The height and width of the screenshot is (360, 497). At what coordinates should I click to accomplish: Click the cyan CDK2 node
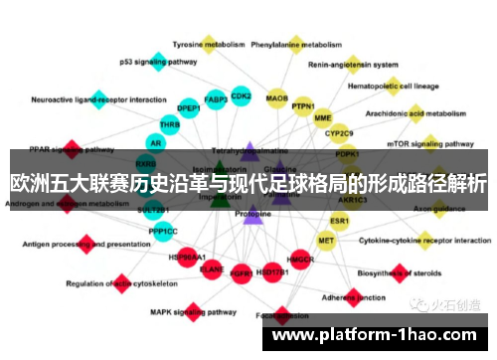click(x=242, y=96)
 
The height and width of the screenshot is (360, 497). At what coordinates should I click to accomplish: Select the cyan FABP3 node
click(x=215, y=99)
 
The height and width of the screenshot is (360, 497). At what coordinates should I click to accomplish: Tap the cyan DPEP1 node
click(x=189, y=108)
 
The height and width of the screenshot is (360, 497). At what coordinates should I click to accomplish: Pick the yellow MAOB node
click(x=277, y=98)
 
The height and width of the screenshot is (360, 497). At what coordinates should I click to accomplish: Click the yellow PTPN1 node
click(x=302, y=106)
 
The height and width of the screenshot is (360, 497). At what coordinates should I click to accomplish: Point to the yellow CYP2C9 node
click(x=339, y=132)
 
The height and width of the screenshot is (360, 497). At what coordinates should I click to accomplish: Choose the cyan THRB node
click(x=170, y=125)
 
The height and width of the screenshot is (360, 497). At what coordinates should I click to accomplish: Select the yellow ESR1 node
click(x=340, y=220)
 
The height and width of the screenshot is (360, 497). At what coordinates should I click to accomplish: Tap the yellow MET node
click(x=326, y=241)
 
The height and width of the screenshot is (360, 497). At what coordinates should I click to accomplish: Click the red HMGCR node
click(x=300, y=261)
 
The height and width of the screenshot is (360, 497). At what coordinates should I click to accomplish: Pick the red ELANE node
click(x=212, y=269)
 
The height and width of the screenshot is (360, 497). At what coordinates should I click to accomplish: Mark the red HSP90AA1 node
click(x=186, y=257)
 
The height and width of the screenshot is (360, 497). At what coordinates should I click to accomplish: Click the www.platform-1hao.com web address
click(x=377, y=335)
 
